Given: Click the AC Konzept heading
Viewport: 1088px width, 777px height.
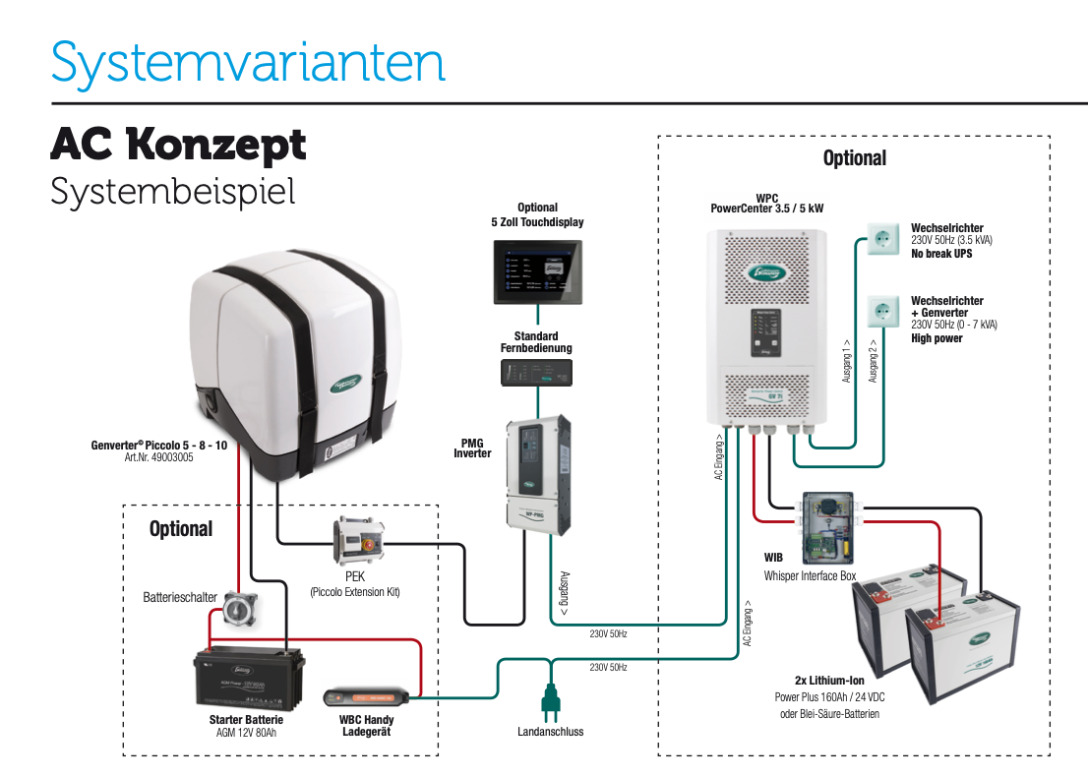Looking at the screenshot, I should point(178,146).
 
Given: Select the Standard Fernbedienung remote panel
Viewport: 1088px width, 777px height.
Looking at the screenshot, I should point(537,373).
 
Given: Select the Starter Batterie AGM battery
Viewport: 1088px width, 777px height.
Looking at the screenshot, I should point(249,680).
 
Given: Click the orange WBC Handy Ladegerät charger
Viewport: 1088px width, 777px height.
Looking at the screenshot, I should point(366,697).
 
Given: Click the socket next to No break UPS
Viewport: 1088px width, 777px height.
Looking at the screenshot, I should point(881,238).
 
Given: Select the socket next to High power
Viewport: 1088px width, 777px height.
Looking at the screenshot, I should point(881,313).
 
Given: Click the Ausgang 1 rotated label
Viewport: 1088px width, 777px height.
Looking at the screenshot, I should point(847,361).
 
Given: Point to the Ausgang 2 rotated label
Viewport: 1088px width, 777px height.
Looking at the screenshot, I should point(873,361).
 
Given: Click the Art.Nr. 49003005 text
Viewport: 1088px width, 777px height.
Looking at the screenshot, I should point(158,456).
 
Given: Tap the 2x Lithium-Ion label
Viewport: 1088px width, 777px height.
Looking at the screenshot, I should point(829,680).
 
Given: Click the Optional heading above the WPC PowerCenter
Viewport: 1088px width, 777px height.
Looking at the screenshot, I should point(854,158).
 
